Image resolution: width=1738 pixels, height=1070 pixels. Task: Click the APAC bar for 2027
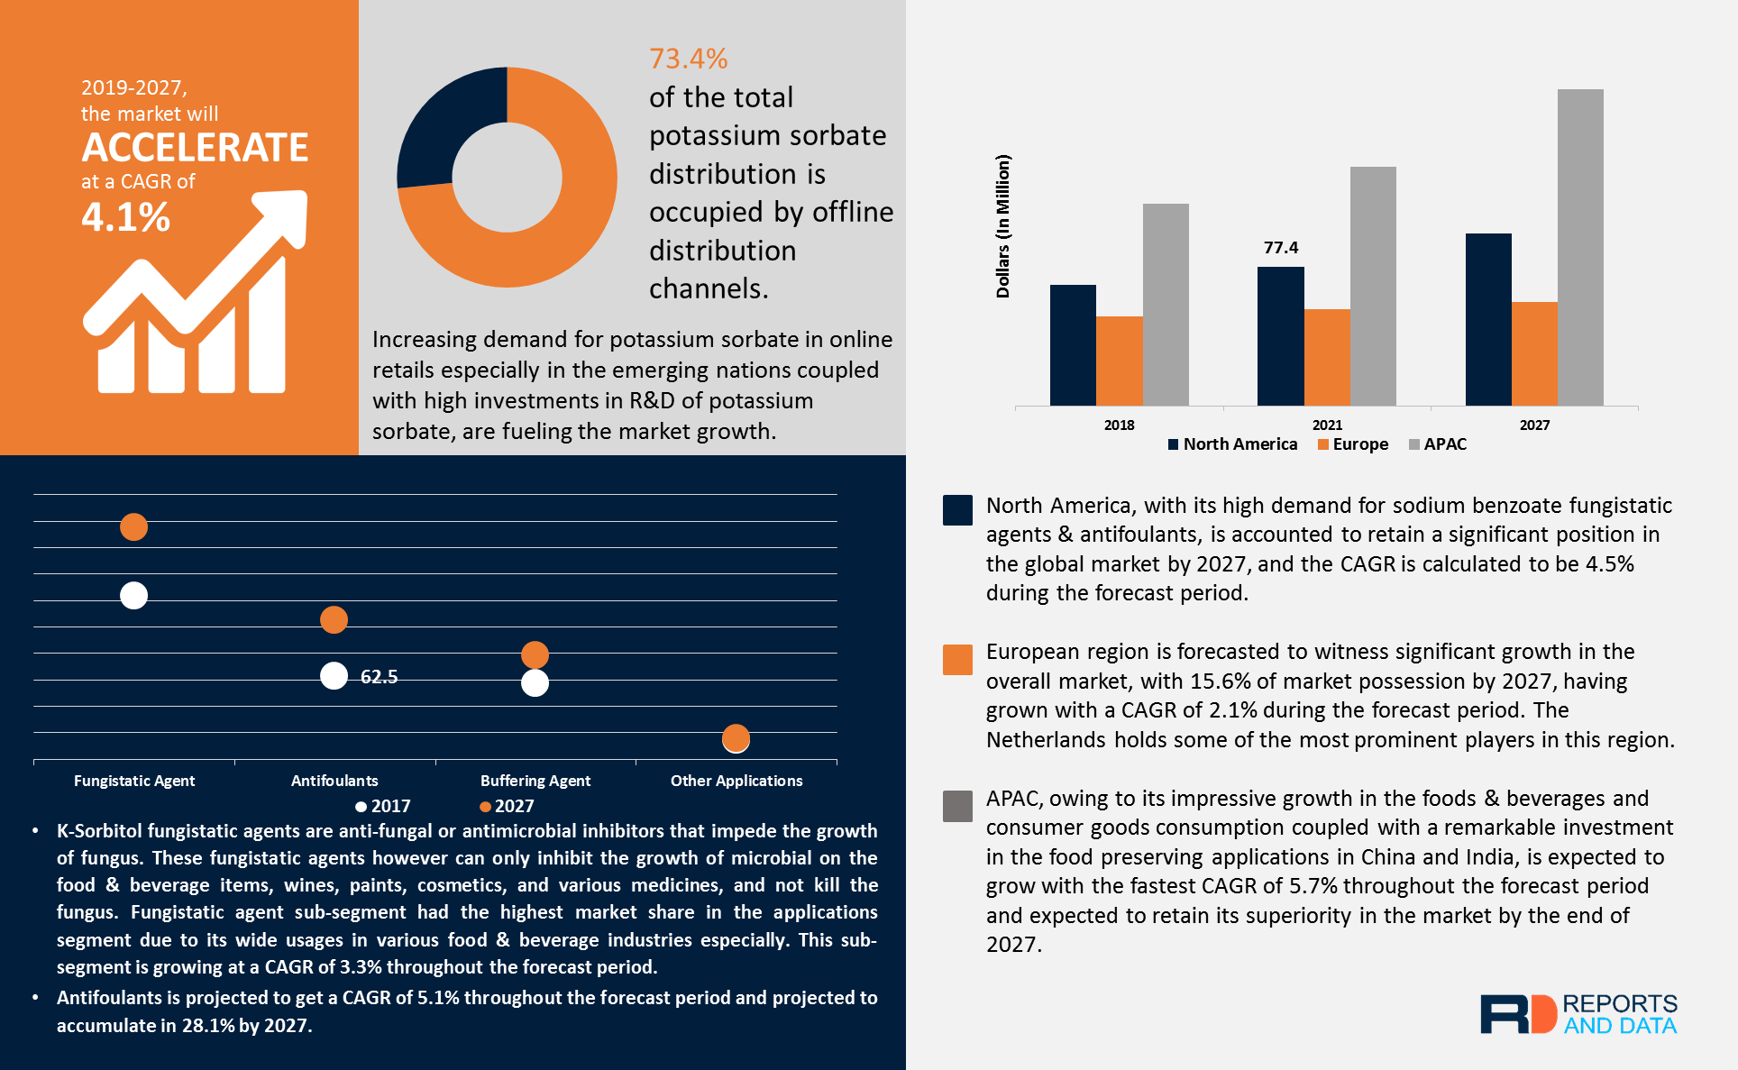[1579, 247]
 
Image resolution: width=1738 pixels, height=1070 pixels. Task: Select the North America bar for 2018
[1073, 345]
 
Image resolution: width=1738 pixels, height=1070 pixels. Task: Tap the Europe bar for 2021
[1327, 357]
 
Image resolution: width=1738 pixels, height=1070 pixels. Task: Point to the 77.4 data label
[1281, 248]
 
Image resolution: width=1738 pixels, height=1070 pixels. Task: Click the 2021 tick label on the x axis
[1327, 425]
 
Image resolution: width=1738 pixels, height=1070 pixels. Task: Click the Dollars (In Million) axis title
[1003, 226]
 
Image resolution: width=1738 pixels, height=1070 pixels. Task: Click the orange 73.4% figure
[688, 59]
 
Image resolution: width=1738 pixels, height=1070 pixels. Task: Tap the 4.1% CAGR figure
[125, 217]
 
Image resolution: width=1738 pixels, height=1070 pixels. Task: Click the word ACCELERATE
[195, 148]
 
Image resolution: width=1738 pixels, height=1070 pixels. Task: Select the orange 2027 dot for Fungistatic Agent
[133, 526]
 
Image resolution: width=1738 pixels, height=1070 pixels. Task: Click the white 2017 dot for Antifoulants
[334, 676]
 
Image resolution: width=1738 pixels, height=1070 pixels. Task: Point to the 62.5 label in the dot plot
[379, 677]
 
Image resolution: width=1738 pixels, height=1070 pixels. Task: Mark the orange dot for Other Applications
[736, 738]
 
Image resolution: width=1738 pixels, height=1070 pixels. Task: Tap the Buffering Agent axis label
[535, 781]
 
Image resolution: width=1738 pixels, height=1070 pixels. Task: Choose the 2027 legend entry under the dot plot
[507, 807]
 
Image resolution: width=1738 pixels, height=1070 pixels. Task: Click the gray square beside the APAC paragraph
[957, 806]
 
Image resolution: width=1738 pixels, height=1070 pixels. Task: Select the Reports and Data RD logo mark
[1518, 1014]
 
